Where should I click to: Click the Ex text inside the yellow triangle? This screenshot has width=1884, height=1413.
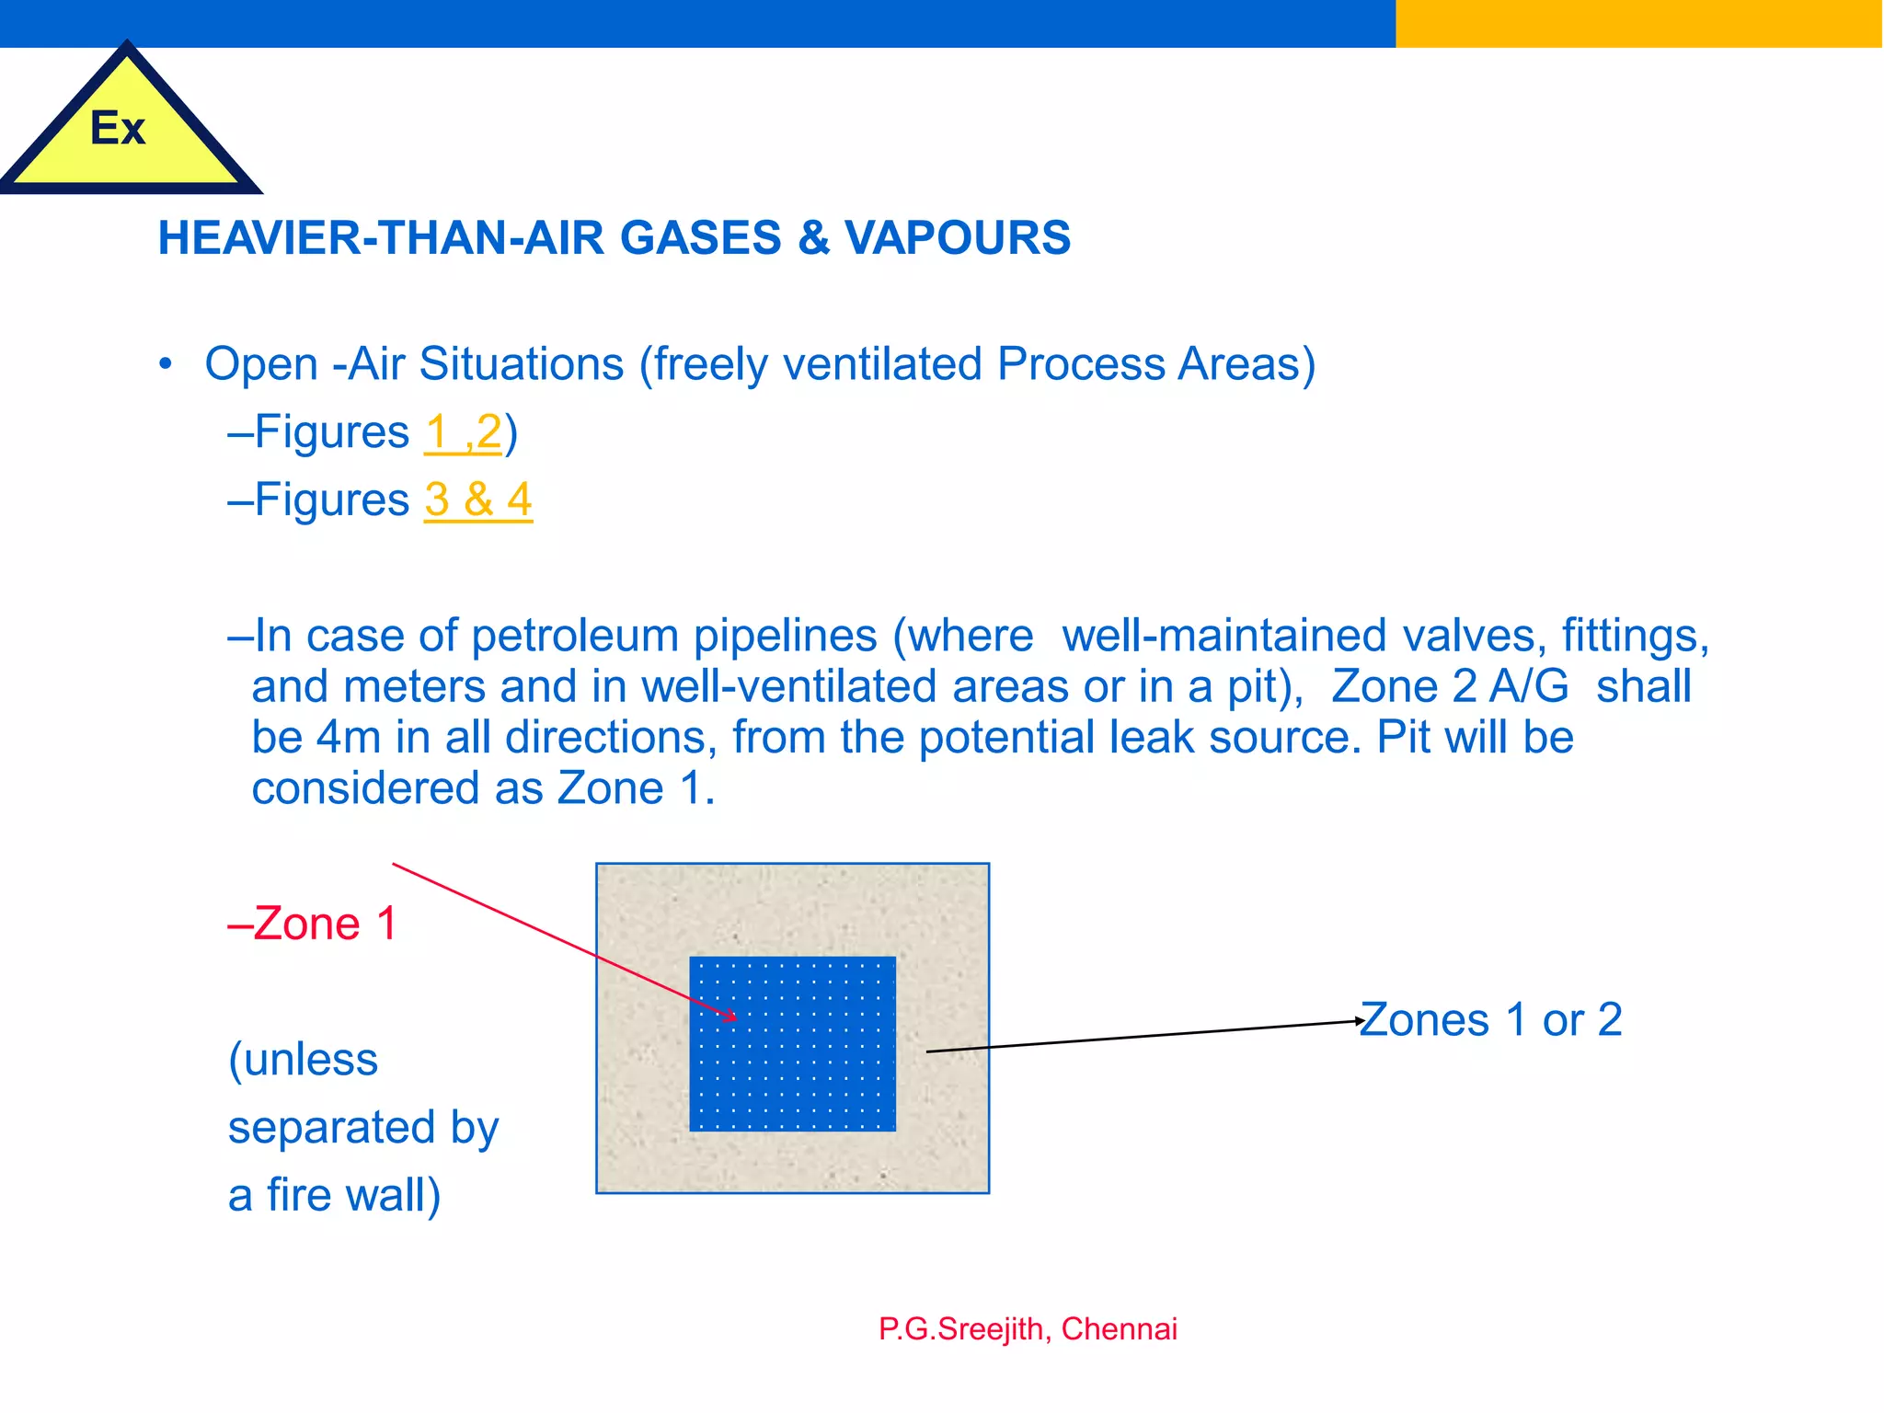coord(118,129)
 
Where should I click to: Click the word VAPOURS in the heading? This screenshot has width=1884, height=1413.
coord(958,237)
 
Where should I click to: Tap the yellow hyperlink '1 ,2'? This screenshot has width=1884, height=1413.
coord(463,431)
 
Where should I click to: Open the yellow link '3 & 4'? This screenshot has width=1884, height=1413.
coord(478,500)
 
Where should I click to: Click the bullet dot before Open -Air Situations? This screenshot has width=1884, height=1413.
coord(166,364)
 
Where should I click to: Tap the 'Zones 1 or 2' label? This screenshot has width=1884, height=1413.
coord(1490,1019)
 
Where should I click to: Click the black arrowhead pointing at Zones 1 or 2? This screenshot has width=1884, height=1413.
coord(1359,1021)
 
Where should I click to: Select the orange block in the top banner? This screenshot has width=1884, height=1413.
coord(1637,23)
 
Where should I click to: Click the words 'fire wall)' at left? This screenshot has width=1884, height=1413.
coord(354,1195)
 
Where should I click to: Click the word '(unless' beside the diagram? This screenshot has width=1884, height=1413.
coord(304,1060)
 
